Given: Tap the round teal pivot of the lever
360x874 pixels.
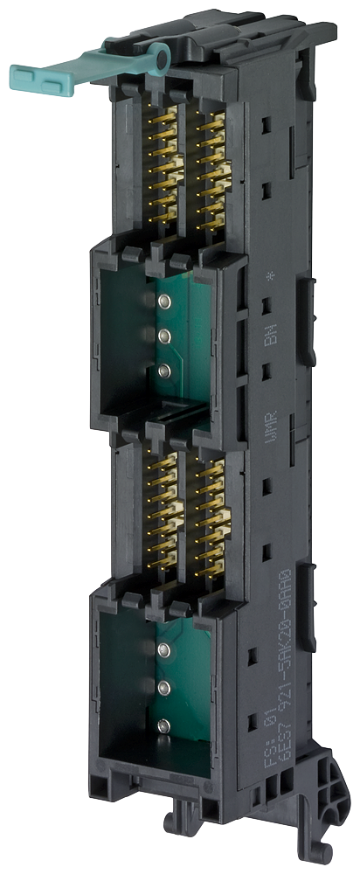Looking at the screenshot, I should point(156,59).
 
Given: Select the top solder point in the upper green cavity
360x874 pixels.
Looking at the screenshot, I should point(163,301).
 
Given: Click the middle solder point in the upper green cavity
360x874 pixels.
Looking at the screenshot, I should point(163,335).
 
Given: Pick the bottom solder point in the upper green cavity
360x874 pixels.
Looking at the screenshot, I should point(163,371).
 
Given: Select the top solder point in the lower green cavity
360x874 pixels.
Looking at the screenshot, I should point(163,649).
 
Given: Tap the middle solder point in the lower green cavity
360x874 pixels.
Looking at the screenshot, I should point(163,685).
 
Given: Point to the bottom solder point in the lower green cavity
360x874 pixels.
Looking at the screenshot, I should point(163,723).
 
